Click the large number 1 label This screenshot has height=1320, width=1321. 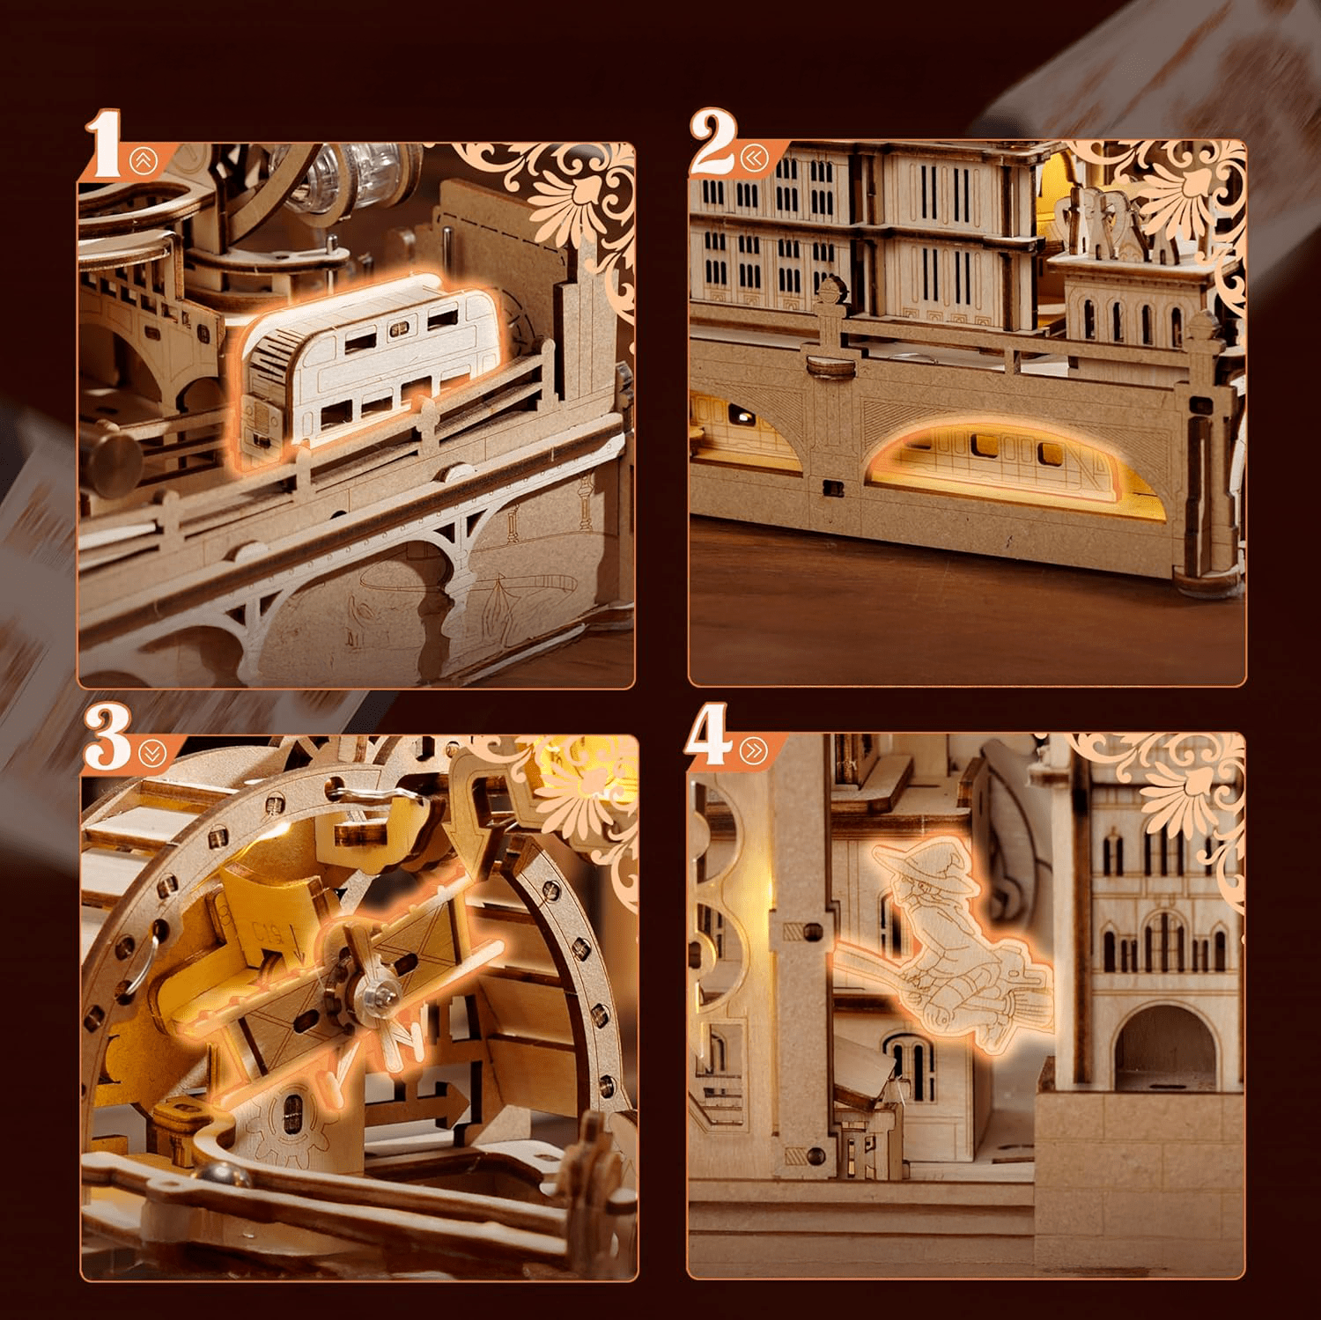(104, 141)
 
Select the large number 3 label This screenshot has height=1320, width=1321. (108, 742)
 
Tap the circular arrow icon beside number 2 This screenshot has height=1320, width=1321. (754, 158)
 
